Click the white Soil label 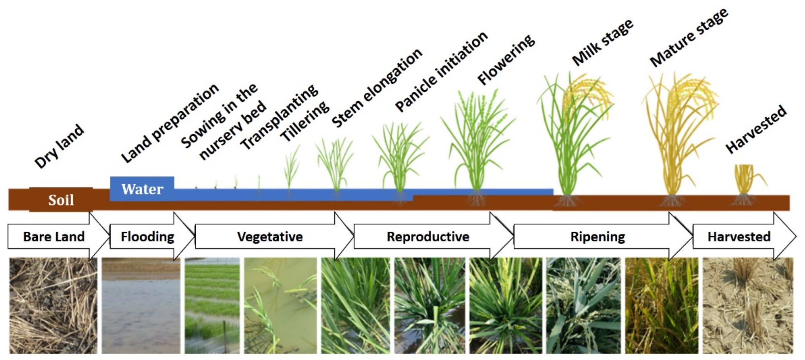tap(61, 200)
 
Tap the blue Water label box tap(142, 189)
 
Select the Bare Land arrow tap(54, 237)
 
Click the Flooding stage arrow tap(148, 237)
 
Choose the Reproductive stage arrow tap(428, 237)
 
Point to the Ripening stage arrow tap(598, 237)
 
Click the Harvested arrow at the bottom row tap(739, 237)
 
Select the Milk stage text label tap(603, 42)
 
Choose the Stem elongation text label tap(377, 88)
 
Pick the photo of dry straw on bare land tap(53, 306)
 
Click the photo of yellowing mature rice tap(662, 306)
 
